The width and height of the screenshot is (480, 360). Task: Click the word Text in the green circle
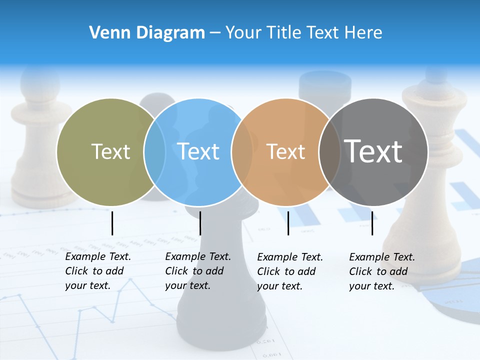(110, 151)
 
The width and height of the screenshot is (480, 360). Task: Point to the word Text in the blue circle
(198, 151)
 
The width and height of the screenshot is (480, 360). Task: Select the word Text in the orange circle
(286, 151)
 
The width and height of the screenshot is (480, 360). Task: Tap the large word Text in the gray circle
(373, 151)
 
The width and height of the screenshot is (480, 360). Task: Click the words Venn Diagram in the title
(147, 32)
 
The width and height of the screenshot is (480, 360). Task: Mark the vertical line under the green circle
(112, 223)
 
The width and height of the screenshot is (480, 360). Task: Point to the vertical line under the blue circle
(200, 223)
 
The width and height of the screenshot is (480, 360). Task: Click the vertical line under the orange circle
(288, 223)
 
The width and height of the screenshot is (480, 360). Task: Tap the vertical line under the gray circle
(372, 223)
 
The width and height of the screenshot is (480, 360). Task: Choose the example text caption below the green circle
(98, 271)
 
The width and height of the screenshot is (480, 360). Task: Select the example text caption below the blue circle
(198, 271)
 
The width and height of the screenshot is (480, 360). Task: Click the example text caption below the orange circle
(290, 271)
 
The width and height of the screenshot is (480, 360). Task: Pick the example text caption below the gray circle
(382, 271)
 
